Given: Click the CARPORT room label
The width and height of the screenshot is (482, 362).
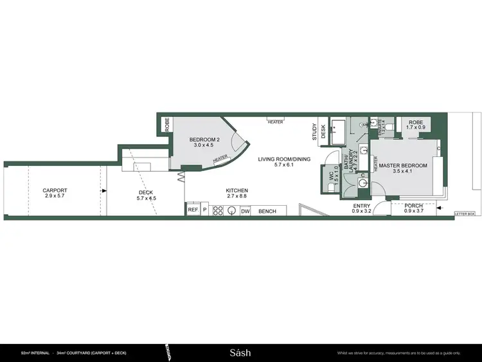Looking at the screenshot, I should pos(55,190).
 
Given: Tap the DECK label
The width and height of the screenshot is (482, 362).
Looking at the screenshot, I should pos(147,194).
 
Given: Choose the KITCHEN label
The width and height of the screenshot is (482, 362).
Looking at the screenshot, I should pos(237,190).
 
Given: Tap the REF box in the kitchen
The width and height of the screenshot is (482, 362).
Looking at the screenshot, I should pos(192,210).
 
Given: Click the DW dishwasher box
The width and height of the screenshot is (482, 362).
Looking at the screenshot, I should pos(245,210).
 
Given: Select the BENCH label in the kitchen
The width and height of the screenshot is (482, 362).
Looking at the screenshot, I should pos(267,210).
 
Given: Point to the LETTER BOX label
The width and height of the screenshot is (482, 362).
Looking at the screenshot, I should pos(464,213).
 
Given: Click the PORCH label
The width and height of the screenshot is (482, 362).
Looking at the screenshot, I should pos(413,206).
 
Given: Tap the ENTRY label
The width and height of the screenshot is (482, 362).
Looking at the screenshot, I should pos(362,206).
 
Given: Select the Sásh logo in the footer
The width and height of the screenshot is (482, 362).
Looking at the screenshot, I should pos(240,352).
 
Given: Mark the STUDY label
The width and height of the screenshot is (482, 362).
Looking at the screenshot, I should pos(315,132).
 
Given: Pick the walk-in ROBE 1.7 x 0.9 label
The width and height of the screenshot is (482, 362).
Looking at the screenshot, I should pos(416,124).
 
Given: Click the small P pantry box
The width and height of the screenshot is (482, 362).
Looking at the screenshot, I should pos(204,210).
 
